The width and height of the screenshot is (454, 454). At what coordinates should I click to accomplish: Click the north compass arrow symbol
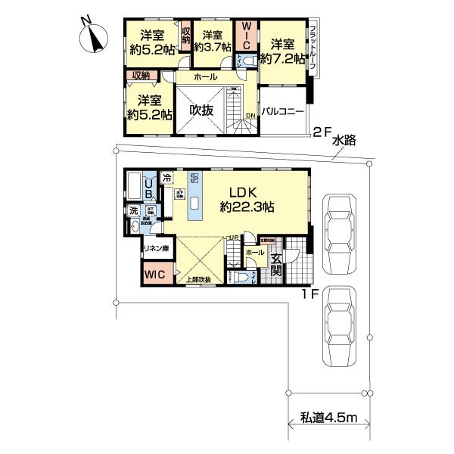[x=94, y=38]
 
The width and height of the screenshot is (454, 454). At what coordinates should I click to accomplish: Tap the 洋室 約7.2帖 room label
[x=282, y=50]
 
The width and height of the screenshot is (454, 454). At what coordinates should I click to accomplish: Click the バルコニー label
[x=282, y=111]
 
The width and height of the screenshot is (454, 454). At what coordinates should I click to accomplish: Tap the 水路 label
[x=345, y=139]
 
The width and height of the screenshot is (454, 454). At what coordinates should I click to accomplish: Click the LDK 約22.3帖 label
[x=245, y=198]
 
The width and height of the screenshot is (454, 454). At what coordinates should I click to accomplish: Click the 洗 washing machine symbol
[x=133, y=212]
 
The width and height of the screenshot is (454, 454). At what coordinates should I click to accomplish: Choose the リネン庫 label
[x=155, y=249]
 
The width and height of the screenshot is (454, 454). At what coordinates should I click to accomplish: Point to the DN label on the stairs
[x=251, y=115]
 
